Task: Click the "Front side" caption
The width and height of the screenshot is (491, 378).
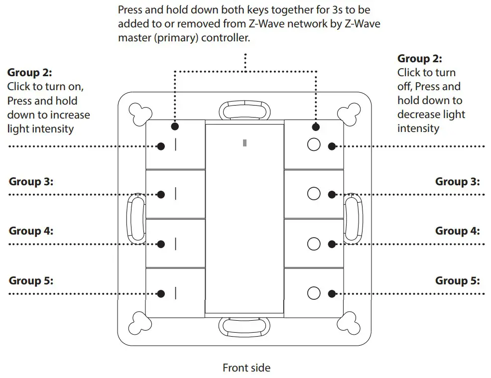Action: pyautogui.click(x=246, y=368)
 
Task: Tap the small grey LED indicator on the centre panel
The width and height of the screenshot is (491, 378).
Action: pyautogui.click(x=245, y=143)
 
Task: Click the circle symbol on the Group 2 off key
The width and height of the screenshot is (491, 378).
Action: pyautogui.click(x=314, y=144)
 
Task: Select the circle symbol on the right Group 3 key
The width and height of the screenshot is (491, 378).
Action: pyautogui.click(x=314, y=194)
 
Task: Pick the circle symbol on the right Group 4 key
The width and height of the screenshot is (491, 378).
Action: pyautogui.click(x=314, y=244)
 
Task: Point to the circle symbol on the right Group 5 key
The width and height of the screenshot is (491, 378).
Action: pyautogui.click(x=314, y=293)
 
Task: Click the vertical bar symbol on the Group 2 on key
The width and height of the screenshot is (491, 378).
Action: pyautogui.click(x=176, y=145)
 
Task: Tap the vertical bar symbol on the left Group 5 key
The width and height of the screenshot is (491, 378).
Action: pyautogui.click(x=176, y=294)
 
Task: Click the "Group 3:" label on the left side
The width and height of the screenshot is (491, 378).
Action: pyautogui.click(x=31, y=182)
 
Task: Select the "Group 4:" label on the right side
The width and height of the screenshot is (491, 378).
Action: pyautogui.click(x=457, y=231)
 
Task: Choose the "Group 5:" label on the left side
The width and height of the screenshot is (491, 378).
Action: pyautogui.click(x=31, y=281)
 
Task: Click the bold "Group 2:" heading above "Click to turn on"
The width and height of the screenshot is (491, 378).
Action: pyautogui.click(x=29, y=73)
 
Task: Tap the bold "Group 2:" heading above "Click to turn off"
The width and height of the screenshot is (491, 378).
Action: pyautogui.click(x=420, y=59)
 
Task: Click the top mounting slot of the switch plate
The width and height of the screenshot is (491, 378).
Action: pyautogui.click(x=244, y=110)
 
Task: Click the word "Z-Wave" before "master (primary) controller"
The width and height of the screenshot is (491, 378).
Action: pyautogui.click(x=363, y=24)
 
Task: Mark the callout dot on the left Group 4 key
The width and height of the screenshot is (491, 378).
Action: pyautogui.click(x=161, y=244)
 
